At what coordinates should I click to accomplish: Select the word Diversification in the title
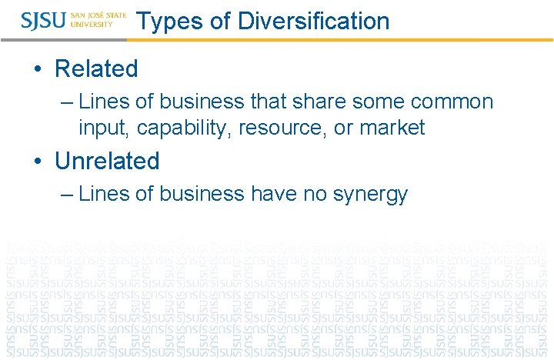point(313,21)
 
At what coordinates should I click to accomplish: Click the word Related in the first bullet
point(96,68)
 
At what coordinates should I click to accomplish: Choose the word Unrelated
point(107,161)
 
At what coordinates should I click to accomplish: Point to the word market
point(392,128)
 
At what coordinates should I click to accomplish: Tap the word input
point(103,128)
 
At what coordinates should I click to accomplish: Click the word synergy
point(370,195)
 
